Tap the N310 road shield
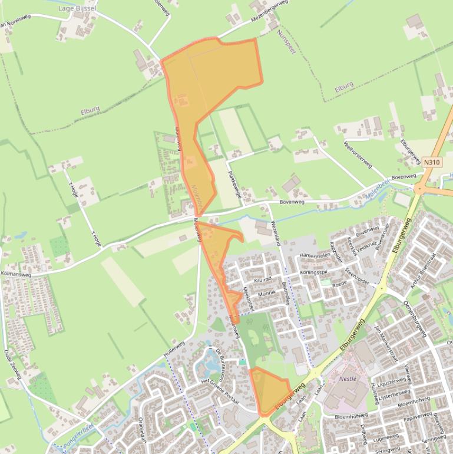pyautogui.click(x=431, y=161)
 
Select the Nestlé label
pyautogui.click(x=347, y=379)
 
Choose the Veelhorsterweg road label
pyautogui.click(x=358, y=154)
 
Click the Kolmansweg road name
pyautogui.click(x=19, y=275)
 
